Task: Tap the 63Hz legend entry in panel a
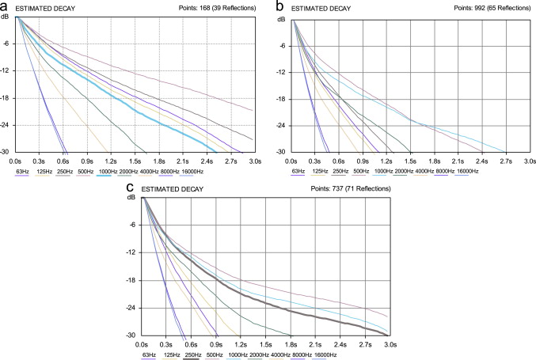tap(24, 170)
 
